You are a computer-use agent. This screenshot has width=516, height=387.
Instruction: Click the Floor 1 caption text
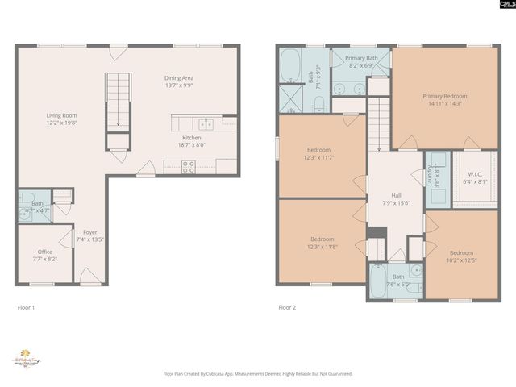27,307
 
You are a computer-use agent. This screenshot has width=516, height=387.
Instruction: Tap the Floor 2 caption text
287,307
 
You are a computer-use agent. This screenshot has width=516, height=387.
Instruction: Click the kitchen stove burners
189,168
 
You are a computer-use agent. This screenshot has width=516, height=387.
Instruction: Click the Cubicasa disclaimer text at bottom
258,373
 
